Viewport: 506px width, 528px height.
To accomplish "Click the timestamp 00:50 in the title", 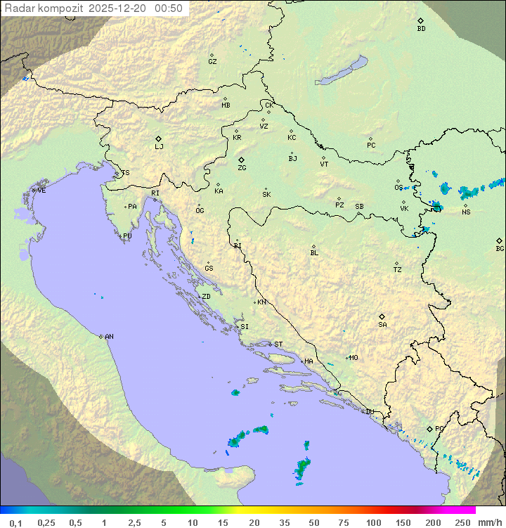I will [169, 8].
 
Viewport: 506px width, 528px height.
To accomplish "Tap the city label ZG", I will [242, 168].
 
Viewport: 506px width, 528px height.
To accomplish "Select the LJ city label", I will [159, 147].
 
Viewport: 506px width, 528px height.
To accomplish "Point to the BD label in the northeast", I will [421, 29].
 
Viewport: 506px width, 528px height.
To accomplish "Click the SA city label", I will [382, 324].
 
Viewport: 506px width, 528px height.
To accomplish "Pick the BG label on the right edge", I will [500, 248].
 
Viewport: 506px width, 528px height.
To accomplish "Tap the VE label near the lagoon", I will [41, 191].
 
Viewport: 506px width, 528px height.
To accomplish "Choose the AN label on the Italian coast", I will [109, 337].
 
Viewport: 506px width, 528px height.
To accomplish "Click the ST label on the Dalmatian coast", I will [278, 345].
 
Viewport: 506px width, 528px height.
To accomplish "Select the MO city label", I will [353, 357].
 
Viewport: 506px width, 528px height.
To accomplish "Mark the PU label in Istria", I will [127, 236].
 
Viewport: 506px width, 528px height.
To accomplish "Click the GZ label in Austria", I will [212, 62].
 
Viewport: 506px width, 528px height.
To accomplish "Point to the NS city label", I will [466, 212].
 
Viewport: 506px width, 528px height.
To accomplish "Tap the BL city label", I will [314, 253].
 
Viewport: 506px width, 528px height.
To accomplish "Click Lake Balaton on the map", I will [342, 71].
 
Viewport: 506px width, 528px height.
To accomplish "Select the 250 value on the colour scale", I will [462, 522].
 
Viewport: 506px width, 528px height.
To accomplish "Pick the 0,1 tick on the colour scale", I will [15, 522].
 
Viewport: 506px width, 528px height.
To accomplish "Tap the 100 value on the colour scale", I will [373, 522].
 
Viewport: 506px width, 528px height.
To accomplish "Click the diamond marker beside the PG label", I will [429, 428].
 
